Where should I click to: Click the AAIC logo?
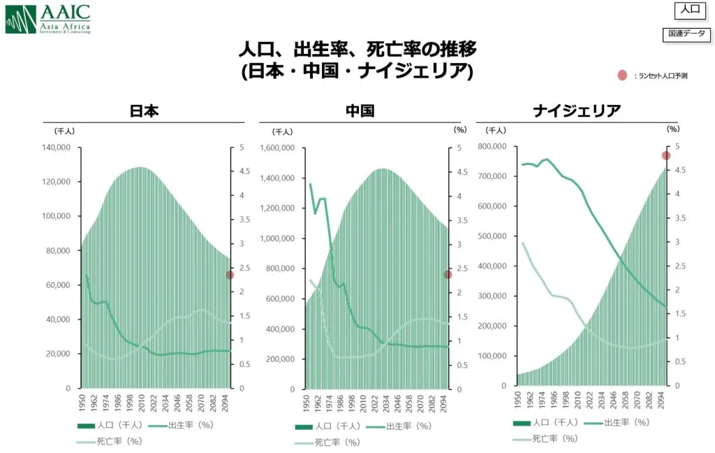tap(47, 18)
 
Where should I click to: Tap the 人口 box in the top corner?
tap(690, 10)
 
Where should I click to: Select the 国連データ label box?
tap(686, 34)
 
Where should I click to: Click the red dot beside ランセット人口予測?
tap(622, 75)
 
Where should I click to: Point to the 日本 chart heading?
tap(145, 111)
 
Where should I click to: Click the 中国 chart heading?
tap(360, 111)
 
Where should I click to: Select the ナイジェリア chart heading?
tap(577, 111)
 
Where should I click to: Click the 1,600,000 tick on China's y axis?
tap(278, 148)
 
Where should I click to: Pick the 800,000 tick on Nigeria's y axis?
tap(495, 146)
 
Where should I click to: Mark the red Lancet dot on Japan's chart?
tap(230, 275)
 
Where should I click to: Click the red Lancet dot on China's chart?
tap(448, 275)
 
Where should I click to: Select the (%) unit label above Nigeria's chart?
tap(672, 129)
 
